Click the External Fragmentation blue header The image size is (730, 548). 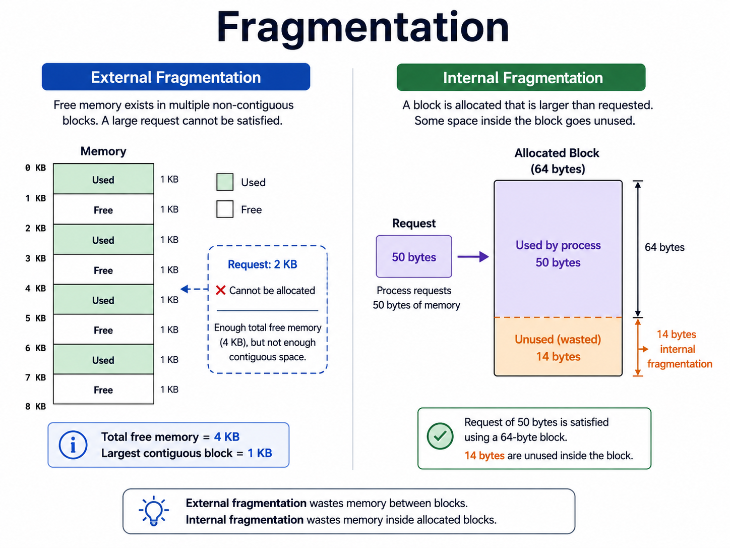point(176,77)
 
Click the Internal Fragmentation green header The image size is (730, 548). point(521,78)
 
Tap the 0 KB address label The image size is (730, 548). point(36,168)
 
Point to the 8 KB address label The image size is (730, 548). point(36,406)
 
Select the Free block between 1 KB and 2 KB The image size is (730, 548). point(103,209)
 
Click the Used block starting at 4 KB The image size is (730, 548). point(103,299)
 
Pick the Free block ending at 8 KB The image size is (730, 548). point(103,389)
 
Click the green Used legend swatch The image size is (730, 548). point(225,182)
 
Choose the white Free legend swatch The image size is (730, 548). point(225,209)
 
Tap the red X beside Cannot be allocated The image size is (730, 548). point(220,290)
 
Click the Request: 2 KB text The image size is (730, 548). point(262,264)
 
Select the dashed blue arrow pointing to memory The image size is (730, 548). point(194,289)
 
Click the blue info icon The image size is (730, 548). point(73,445)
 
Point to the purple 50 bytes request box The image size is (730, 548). point(414,256)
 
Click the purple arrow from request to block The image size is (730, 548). point(473,256)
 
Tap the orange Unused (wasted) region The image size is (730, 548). point(558,347)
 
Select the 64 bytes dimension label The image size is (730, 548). point(664,247)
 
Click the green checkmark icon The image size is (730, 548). point(440,436)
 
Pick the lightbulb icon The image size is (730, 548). point(154,511)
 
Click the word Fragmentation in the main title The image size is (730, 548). point(363,27)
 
